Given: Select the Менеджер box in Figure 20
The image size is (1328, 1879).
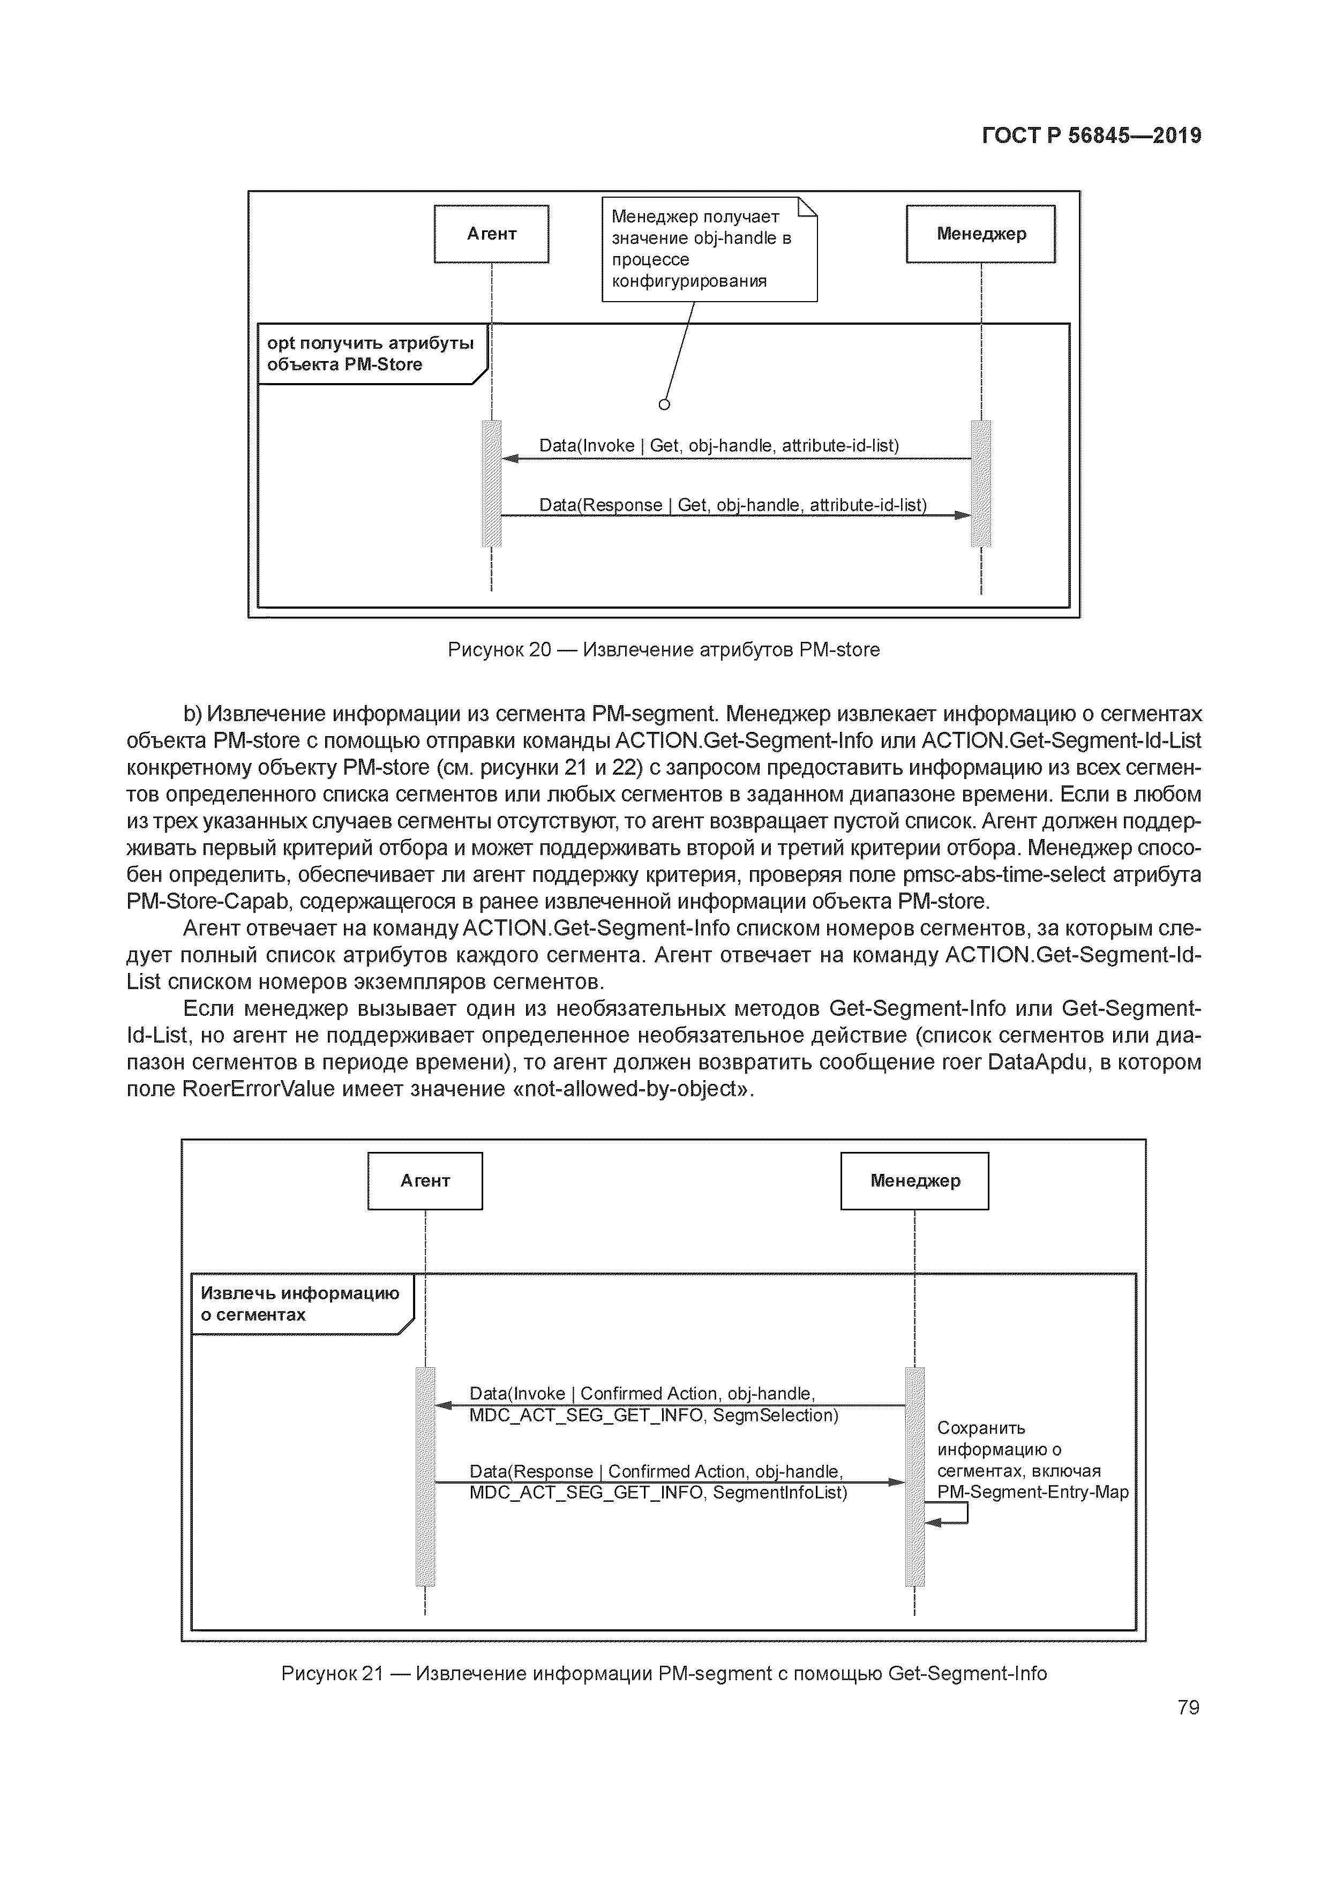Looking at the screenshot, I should pyautogui.click(x=980, y=234).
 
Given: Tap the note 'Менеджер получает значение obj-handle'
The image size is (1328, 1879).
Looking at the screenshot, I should pyautogui.click(x=709, y=249).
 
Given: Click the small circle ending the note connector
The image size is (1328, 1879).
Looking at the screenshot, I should pyautogui.click(x=664, y=405).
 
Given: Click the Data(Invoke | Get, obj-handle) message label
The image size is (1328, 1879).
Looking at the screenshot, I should pyautogui.click(x=718, y=446).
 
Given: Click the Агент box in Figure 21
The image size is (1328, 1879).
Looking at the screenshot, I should pyautogui.click(x=425, y=1181).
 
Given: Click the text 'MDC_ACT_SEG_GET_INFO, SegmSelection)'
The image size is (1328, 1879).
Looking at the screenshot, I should pyautogui.click(x=653, y=1415).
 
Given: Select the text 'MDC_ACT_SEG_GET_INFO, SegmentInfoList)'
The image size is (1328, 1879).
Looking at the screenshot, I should pyautogui.click(x=657, y=1493).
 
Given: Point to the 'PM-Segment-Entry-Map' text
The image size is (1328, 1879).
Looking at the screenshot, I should pyautogui.click(x=1032, y=1492).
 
